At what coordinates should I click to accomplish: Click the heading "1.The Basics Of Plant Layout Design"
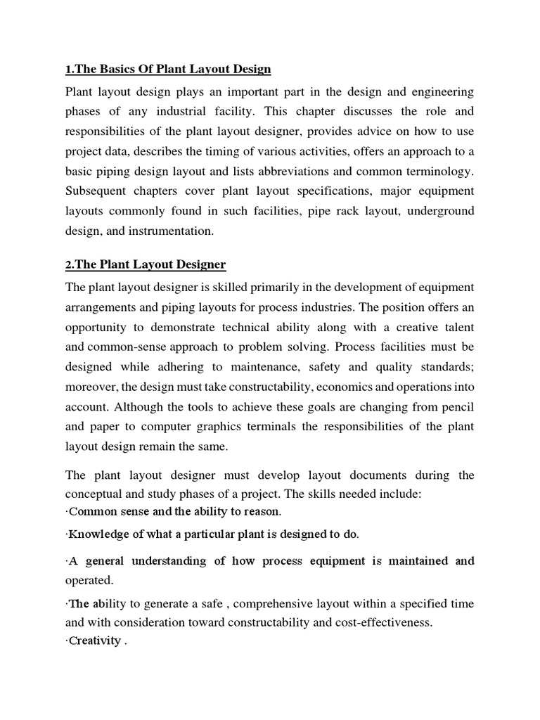(x=167, y=69)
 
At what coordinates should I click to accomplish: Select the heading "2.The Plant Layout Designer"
(x=146, y=264)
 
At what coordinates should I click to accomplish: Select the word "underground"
(x=438, y=211)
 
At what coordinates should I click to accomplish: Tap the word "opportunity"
(x=101, y=327)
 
